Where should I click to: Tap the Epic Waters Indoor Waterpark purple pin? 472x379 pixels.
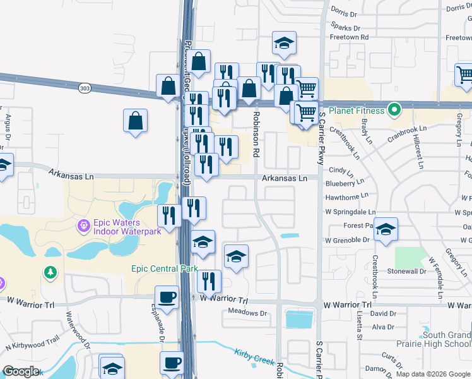[x=83, y=225]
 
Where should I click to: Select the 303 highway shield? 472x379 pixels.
[x=85, y=88]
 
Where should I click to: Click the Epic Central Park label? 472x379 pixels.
[x=165, y=268]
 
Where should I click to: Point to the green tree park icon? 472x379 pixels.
[x=50, y=272]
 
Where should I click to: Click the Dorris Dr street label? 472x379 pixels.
[x=344, y=12]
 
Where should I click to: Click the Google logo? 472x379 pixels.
[x=21, y=371]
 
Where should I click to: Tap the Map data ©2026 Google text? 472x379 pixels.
[x=432, y=374]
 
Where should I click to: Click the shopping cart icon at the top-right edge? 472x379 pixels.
[x=464, y=75]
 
